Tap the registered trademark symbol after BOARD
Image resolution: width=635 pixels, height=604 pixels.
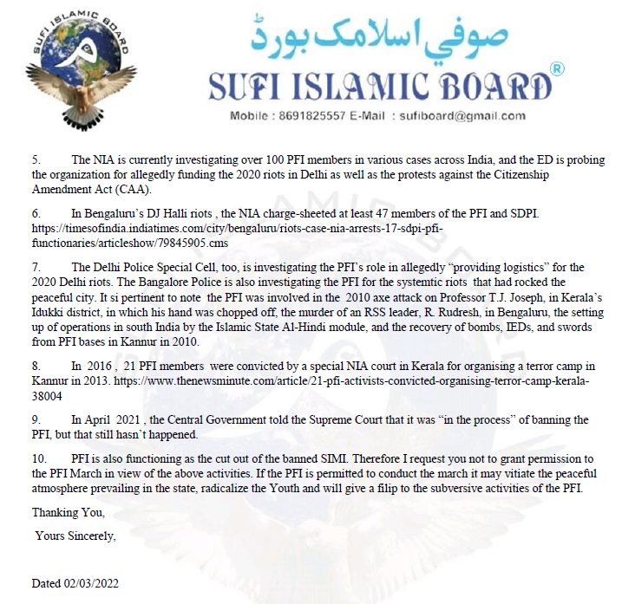(x=558, y=68)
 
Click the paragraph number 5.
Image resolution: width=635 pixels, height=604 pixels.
(x=36, y=160)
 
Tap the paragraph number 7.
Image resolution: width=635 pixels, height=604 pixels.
(x=36, y=267)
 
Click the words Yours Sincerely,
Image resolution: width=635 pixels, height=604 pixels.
(x=75, y=536)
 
